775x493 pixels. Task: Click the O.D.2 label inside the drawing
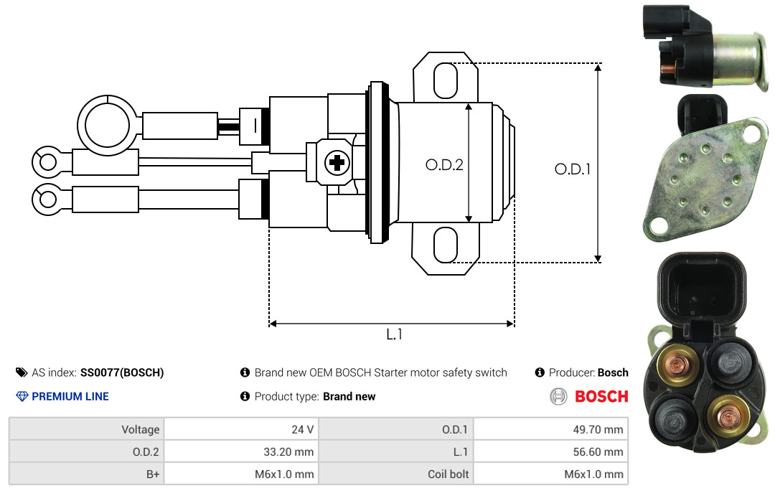click(444, 164)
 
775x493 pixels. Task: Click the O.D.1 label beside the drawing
click(573, 169)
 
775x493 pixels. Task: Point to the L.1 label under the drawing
click(394, 334)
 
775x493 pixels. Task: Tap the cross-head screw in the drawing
click(337, 162)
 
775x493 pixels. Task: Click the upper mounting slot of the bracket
click(445, 80)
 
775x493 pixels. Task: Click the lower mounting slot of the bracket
click(445, 245)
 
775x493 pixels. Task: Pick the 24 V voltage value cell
click(241, 429)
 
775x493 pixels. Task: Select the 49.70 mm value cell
click(550, 429)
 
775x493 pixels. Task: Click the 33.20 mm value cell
click(241, 451)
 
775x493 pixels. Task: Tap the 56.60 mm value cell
click(550, 451)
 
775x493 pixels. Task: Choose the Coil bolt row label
click(448, 474)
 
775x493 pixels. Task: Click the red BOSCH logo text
click(601, 397)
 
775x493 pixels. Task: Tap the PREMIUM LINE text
click(70, 397)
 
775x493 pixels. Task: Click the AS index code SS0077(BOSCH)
click(122, 372)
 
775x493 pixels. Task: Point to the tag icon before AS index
click(22, 372)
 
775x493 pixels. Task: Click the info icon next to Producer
click(540, 372)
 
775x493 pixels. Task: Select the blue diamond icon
click(22, 397)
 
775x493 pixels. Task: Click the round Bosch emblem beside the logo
click(558, 397)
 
